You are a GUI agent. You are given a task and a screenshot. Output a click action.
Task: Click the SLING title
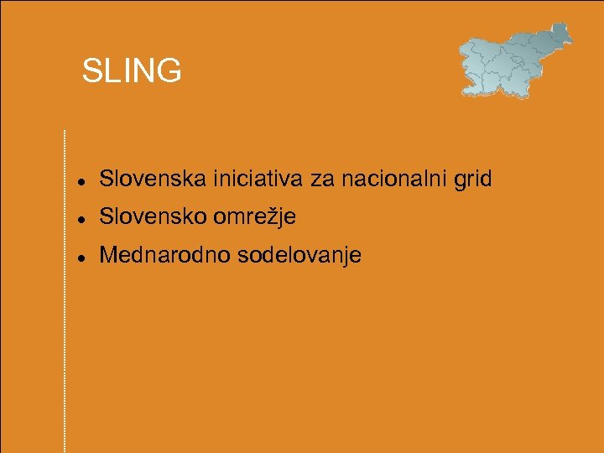point(132,71)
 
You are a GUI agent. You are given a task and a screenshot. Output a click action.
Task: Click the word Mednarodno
point(164,255)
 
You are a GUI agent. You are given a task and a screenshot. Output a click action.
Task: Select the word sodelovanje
point(299,256)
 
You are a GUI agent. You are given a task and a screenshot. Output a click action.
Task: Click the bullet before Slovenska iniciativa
point(78,180)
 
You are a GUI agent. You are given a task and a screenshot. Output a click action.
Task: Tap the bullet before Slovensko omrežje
point(78,218)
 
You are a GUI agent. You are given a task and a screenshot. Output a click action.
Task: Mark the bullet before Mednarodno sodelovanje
point(78,257)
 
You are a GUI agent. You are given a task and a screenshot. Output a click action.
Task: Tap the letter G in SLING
point(168,71)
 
